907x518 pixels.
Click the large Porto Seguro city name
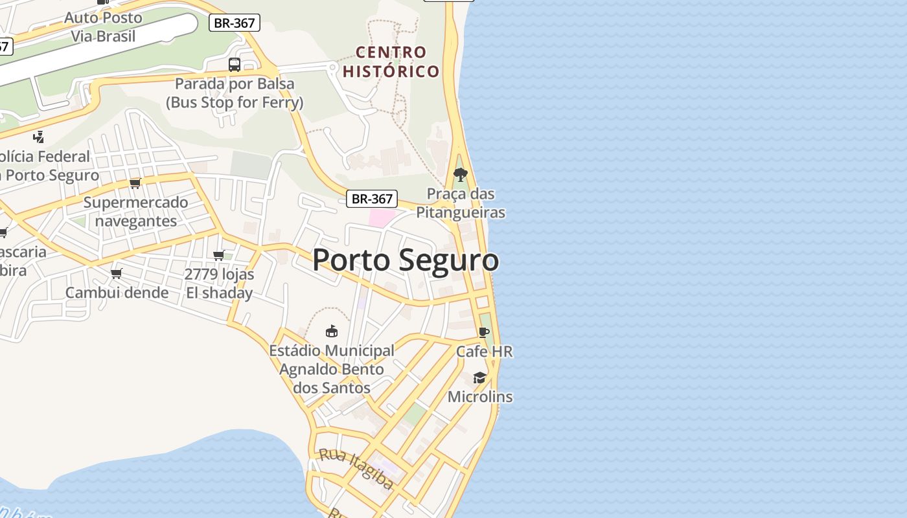(406, 260)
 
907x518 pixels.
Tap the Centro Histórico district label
(391, 62)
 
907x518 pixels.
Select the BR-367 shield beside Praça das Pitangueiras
(371, 199)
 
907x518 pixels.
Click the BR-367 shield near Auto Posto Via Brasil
(234, 23)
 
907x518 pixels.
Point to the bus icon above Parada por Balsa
(235, 65)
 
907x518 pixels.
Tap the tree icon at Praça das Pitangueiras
(461, 174)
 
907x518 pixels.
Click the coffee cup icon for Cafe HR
(484, 332)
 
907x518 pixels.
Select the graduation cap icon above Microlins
(479, 377)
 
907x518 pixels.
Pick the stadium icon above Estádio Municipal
(332, 331)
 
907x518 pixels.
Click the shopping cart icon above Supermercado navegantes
(135, 183)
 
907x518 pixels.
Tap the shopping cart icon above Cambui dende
(117, 273)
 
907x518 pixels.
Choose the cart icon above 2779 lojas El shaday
(219, 255)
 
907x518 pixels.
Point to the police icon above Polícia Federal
(39, 137)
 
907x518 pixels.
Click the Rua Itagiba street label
(356, 468)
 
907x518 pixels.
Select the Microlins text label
(480, 396)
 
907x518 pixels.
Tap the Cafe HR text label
(484, 352)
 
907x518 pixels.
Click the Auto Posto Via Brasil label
(104, 27)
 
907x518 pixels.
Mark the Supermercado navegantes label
(135, 212)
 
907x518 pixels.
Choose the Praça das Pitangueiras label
(461, 203)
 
